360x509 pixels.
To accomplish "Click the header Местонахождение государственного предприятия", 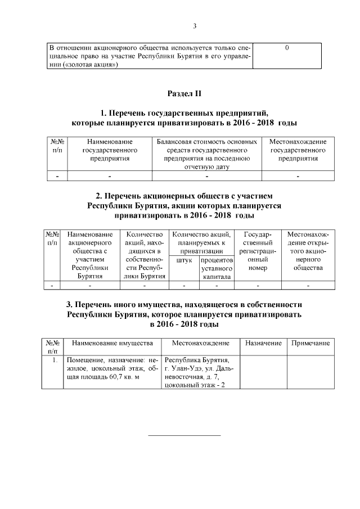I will click(298, 150).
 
